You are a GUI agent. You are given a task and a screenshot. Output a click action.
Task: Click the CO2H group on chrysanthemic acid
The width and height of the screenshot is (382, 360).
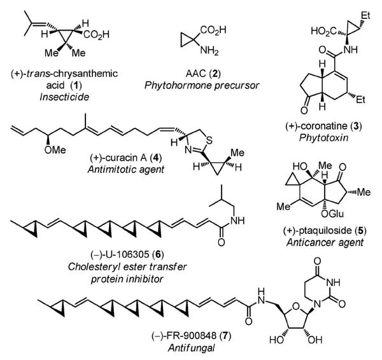(x=96, y=34)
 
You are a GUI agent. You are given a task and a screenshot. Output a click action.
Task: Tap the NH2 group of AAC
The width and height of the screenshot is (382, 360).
(x=209, y=51)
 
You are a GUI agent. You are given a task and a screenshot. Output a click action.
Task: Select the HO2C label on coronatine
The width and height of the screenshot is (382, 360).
(x=323, y=31)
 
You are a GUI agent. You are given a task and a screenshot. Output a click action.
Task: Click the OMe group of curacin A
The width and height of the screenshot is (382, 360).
(x=55, y=150)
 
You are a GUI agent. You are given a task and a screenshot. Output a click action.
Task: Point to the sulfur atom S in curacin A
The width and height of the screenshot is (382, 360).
(x=209, y=141)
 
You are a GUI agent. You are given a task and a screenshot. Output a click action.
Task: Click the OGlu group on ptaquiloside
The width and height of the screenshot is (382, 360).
(x=332, y=214)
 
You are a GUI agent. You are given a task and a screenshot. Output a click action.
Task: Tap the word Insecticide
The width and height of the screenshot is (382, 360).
(x=64, y=97)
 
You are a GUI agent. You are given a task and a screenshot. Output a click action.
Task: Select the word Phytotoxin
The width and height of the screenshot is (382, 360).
(x=323, y=138)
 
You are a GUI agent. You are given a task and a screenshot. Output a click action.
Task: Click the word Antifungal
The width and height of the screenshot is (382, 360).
(x=191, y=348)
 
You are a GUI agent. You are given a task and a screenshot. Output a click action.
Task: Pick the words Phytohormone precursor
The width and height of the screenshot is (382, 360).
(x=202, y=85)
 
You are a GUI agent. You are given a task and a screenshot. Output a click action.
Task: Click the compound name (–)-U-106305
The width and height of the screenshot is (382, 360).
(x=120, y=254)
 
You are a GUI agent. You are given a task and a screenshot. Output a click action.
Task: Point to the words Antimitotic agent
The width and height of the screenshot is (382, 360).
(x=126, y=169)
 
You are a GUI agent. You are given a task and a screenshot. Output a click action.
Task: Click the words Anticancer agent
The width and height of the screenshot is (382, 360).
(x=325, y=242)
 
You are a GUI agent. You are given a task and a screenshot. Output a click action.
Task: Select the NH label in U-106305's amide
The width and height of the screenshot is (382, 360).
(x=237, y=221)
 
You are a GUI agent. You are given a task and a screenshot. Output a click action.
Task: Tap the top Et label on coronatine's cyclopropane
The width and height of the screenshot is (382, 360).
(x=365, y=15)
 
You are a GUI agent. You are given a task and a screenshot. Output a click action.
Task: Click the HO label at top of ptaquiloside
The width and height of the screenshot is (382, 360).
(x=300, y=167)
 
